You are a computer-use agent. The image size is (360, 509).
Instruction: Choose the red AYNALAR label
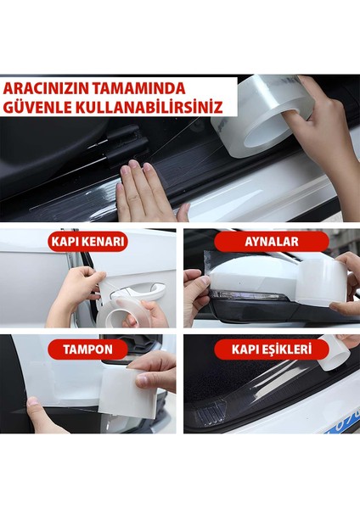271,242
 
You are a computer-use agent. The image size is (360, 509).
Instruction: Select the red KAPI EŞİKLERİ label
271,349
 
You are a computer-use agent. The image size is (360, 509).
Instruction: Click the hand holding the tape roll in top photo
327,119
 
